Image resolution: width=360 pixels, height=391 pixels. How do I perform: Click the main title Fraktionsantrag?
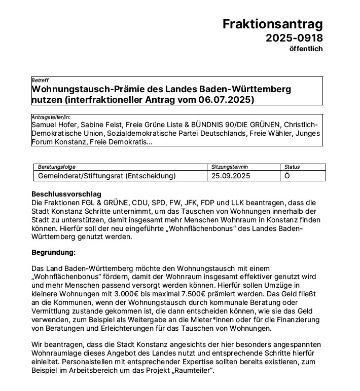(272, 24)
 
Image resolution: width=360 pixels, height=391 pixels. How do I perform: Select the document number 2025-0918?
(294, 38)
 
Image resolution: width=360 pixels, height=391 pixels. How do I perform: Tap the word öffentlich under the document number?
(305, 49)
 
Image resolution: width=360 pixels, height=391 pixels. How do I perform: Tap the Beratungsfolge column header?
(56, 167)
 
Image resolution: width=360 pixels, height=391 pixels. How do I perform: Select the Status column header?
(292, 167)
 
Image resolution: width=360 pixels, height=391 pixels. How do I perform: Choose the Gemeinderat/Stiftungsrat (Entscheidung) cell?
(107, 176)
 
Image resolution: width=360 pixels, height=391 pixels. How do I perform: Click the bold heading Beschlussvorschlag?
(66, 194)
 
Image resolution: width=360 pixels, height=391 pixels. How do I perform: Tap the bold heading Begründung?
(53, 252)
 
